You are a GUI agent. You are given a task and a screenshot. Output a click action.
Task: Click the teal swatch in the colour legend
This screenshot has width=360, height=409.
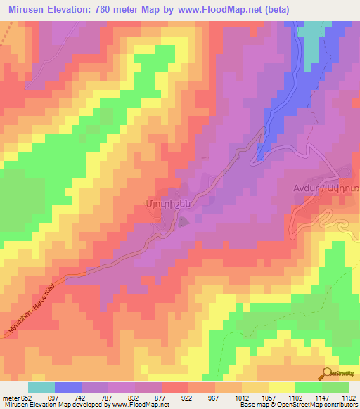[x=41, y=388]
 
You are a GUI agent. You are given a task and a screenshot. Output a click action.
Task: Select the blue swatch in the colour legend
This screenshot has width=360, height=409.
[x=68, y=388]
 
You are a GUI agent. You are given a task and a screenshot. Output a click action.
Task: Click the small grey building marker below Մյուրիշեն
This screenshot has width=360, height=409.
[x=184, y=223]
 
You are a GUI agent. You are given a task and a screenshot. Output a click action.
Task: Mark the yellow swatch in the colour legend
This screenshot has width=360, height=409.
[x=281, y=388]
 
